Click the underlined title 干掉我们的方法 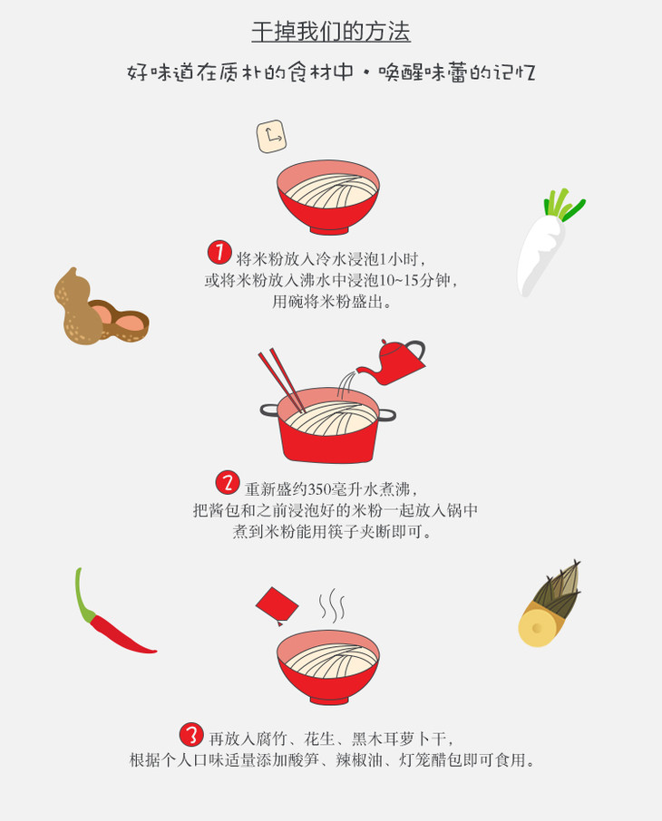(331, 32)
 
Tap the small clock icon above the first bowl (271, 137)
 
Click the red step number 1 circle (219, 253)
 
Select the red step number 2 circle (228, 482)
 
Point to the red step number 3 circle (191, 735)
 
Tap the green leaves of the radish (563, 204)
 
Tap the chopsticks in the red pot (282, 381)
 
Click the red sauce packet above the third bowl (277, 606)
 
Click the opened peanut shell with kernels (120, 321)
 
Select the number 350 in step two (320, 489)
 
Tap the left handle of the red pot (268, 410)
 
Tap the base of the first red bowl (328, 229)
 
